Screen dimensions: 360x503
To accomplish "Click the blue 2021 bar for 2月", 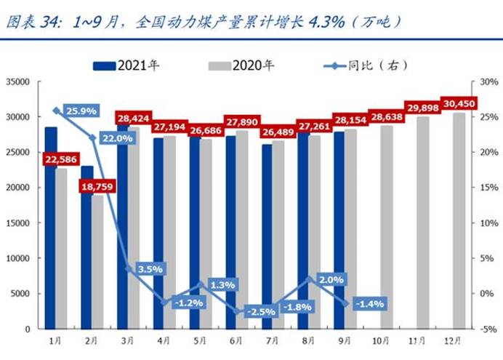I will (x=87, y=247).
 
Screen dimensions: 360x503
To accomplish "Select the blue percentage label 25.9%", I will (x=81, y=111).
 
